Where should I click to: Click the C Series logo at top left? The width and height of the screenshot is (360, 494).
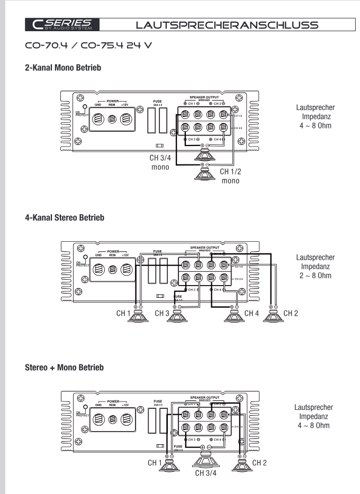click(x=61, y=24)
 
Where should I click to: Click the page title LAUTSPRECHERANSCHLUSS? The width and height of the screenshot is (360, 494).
click(x=227, y=24)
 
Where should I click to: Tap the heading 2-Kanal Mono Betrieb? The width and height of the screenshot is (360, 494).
click(x=63, y=68)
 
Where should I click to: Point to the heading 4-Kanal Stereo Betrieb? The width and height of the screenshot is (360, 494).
click(x=65, y=217)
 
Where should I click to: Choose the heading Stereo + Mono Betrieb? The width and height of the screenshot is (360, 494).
click(x=64, y=367)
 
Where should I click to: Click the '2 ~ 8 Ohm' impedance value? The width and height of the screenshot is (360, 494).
click(x=316, y=276)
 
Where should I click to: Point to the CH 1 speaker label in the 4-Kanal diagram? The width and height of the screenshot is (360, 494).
click(x=123, y=314)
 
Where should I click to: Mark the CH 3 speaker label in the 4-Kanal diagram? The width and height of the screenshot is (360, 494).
click(x=162, y=314)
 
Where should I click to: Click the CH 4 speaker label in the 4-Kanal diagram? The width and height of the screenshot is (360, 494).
click(x=252, y=314)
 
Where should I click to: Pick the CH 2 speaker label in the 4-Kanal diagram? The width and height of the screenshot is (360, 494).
click(x=291, y=314)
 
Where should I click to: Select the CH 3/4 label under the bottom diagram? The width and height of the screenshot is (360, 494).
click(x=206, y=473)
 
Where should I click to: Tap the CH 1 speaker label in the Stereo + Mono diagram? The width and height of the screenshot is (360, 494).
click(x=155, y=463)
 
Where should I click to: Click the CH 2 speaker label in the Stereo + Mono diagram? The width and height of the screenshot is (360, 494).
click(x=259, y=463)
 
